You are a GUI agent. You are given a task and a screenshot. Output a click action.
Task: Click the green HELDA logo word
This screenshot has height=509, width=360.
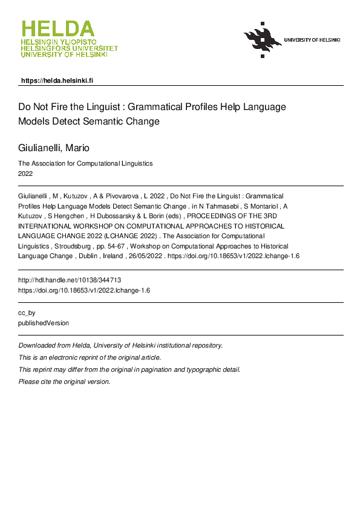click(58, 29)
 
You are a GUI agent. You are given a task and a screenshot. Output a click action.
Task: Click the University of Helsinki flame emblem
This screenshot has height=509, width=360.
click(262, 40)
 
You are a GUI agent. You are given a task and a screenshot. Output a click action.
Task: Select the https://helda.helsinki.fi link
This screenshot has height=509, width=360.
click(57, 80)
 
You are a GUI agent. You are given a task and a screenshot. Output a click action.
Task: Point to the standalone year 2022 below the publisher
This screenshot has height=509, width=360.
click(25, 173)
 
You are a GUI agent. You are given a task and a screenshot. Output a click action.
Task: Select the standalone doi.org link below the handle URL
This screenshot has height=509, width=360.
click(84, 290)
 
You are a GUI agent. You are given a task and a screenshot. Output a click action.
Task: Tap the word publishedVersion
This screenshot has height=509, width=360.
click(44, 323)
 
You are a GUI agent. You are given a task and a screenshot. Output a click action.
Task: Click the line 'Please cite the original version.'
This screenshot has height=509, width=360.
click(65, 381)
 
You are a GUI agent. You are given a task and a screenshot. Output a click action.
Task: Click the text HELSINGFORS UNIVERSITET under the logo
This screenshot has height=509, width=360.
click(69, 48)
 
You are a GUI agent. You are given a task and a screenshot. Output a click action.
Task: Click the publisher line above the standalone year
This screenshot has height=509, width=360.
click(85, 163)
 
